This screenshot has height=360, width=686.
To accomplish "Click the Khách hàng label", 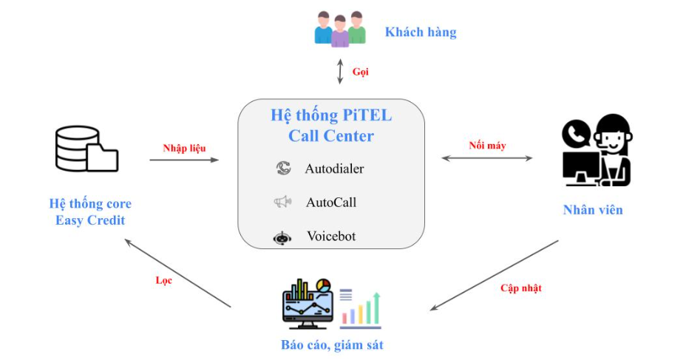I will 420,32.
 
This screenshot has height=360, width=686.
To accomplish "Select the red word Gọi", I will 360,72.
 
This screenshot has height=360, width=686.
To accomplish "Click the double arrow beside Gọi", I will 340,72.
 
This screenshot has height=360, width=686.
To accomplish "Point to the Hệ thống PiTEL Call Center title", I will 331,126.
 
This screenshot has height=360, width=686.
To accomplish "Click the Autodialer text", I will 334,169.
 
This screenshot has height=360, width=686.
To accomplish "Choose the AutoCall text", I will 331,202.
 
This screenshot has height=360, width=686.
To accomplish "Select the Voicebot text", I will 331,237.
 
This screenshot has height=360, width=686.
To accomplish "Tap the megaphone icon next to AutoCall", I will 283,202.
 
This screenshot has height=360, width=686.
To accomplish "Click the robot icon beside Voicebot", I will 282,238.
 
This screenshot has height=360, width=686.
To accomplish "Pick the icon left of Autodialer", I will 283,169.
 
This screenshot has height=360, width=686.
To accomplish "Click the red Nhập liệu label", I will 184,148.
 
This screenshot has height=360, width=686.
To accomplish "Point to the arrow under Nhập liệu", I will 184,159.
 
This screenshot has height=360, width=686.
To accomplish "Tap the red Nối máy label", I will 487,146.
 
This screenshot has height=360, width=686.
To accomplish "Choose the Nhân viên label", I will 593,210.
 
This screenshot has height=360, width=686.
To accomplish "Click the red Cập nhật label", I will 520,288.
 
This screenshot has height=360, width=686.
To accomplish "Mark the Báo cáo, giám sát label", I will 332,344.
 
